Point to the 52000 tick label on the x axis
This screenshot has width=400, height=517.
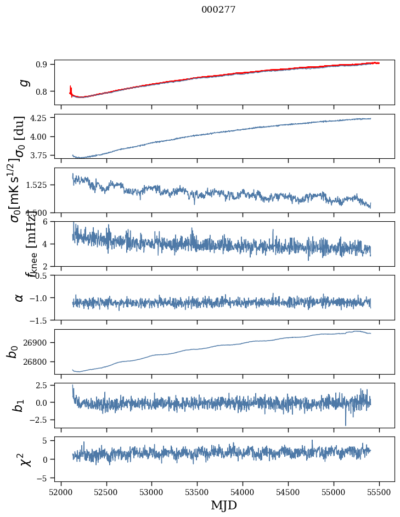click(61, 492)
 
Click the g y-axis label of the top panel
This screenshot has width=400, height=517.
click(23, 82)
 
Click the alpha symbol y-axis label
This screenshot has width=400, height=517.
click(20, 297)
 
